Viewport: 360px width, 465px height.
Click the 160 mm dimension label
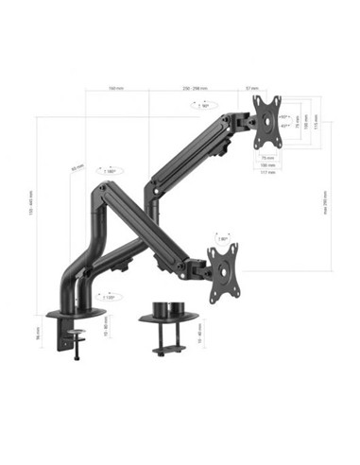point(115,90)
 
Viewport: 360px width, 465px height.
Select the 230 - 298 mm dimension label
point(197,90)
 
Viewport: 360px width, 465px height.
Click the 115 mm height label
point(316,125)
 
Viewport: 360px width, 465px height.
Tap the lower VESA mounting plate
point(223,273)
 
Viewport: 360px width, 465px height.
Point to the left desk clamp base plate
point(75,313)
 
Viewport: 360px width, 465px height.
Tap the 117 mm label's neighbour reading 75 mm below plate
point(267,157)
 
